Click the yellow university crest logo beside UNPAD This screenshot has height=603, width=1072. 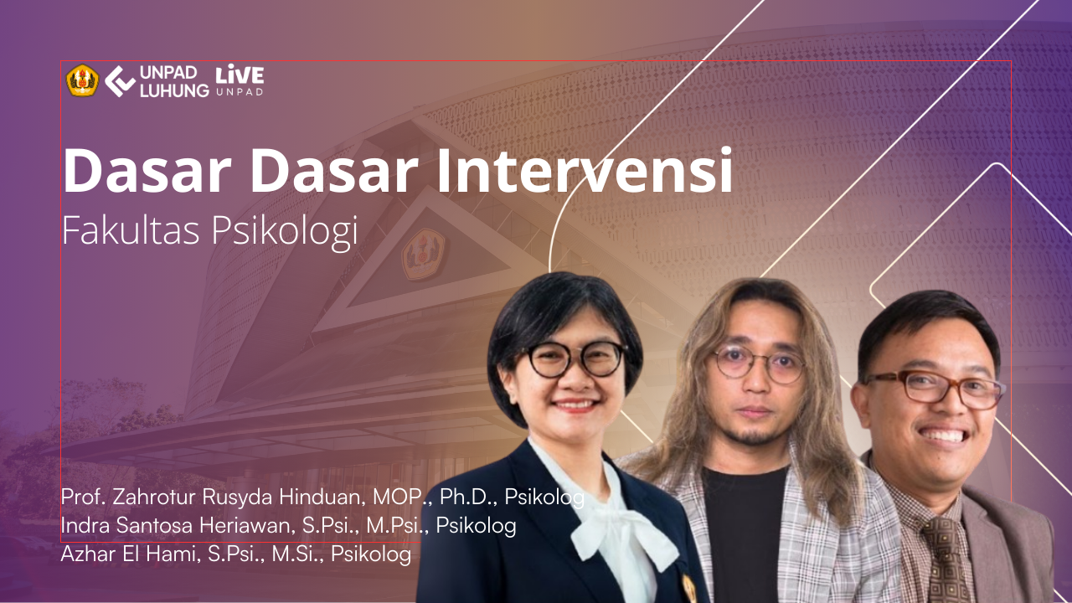pyautogui.click(x=82, y=80)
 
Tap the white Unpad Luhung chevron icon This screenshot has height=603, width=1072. pyautogui.click(x=120, y=81)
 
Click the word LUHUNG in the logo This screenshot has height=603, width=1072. pyautogui.click(x=174, y=90)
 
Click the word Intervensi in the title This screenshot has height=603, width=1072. pyautogui.click(x=585, y=170)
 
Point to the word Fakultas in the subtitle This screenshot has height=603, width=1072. pyautogui.click(x=131, y=230)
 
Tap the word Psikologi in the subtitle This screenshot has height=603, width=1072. pyautogui.click(x=285, y=233)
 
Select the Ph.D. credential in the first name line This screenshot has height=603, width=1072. pyautogui.click(x=468, y=497)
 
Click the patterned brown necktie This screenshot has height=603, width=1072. pyautogui.click(x=946, y=560)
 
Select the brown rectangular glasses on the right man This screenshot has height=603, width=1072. pyautogui.click(x=933, y=389)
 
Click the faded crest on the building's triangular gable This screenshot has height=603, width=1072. pyautogui.click(x=423, y=254)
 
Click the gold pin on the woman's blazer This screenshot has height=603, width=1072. pyautogui.click(x=689, y=588)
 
